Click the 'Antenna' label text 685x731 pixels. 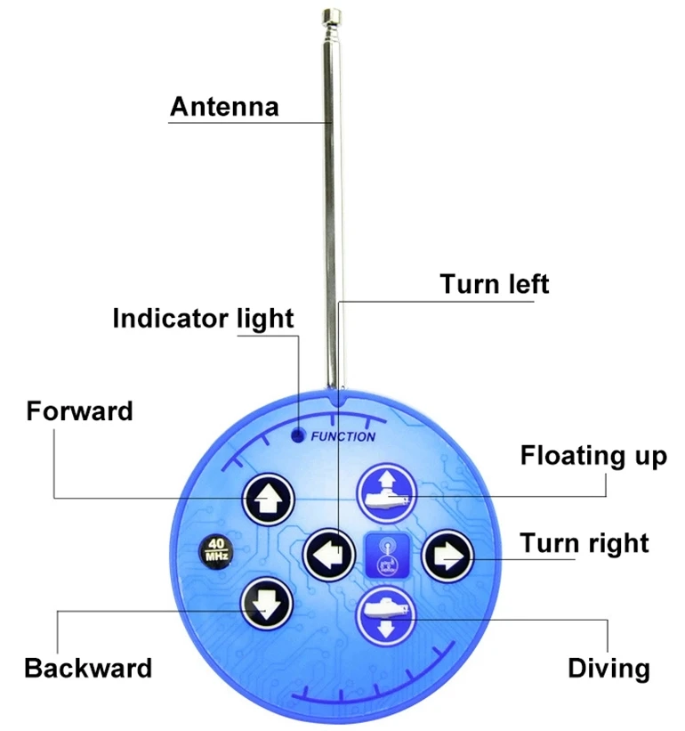click(224, 107)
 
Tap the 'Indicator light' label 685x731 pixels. click(203, 318)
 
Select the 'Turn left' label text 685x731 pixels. click(495, 284)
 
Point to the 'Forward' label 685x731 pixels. click(79, 411)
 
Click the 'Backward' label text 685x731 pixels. click(88, 668)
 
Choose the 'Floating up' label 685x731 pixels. click(593, 456)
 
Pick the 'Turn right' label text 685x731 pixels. click(584, 543)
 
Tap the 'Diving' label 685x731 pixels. click(609, 668)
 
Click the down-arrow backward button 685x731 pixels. click(266, 603)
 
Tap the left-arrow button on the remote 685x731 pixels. click(328, 556)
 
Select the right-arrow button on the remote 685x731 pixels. click(446, 556)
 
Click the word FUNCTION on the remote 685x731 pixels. click(342, 436)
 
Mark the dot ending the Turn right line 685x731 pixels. click(471, 558)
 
